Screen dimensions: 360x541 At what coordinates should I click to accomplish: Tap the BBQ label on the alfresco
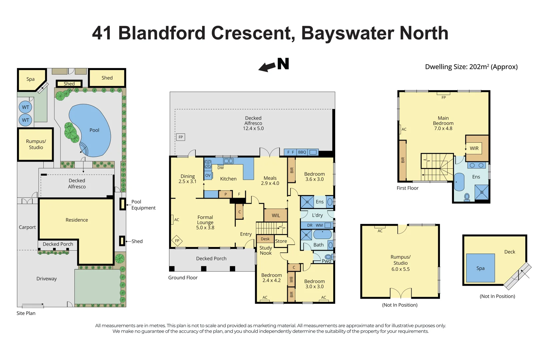tap(302, 152)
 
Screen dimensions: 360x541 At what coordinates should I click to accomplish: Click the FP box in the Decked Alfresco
tap(180, 137)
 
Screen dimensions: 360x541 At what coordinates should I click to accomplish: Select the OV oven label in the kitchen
tap(208, 175)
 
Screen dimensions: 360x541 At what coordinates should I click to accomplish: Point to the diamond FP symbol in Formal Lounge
tap(177, 241)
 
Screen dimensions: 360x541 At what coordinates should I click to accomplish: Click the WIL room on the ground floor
tap(276, 215)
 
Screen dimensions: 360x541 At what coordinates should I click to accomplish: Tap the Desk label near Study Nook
tap(265, 239)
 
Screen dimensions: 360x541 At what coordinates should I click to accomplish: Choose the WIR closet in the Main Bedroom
tap(474, 148)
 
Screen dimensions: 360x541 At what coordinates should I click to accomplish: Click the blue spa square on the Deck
tap(480, 268)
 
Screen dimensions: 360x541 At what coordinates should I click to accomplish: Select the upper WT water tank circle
tap(25, 107)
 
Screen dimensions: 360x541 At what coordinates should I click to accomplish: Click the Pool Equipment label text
tap(143, 205)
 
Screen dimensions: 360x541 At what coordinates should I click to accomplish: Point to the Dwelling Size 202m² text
tap(471, 67)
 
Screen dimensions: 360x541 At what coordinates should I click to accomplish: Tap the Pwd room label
tap(326, 261)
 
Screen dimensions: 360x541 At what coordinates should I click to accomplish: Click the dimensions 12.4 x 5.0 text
tap(253, 128)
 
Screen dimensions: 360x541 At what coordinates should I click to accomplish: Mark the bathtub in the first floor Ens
tap(459, 182)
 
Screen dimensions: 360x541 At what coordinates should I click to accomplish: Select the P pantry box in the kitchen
tap(225, 194)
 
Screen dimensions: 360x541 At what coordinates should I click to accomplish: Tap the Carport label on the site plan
tap(27, 227)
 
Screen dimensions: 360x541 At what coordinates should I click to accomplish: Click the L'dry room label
tap(317, 215)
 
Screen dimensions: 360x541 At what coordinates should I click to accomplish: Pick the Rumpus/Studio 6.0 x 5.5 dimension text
tap(400, 269)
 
